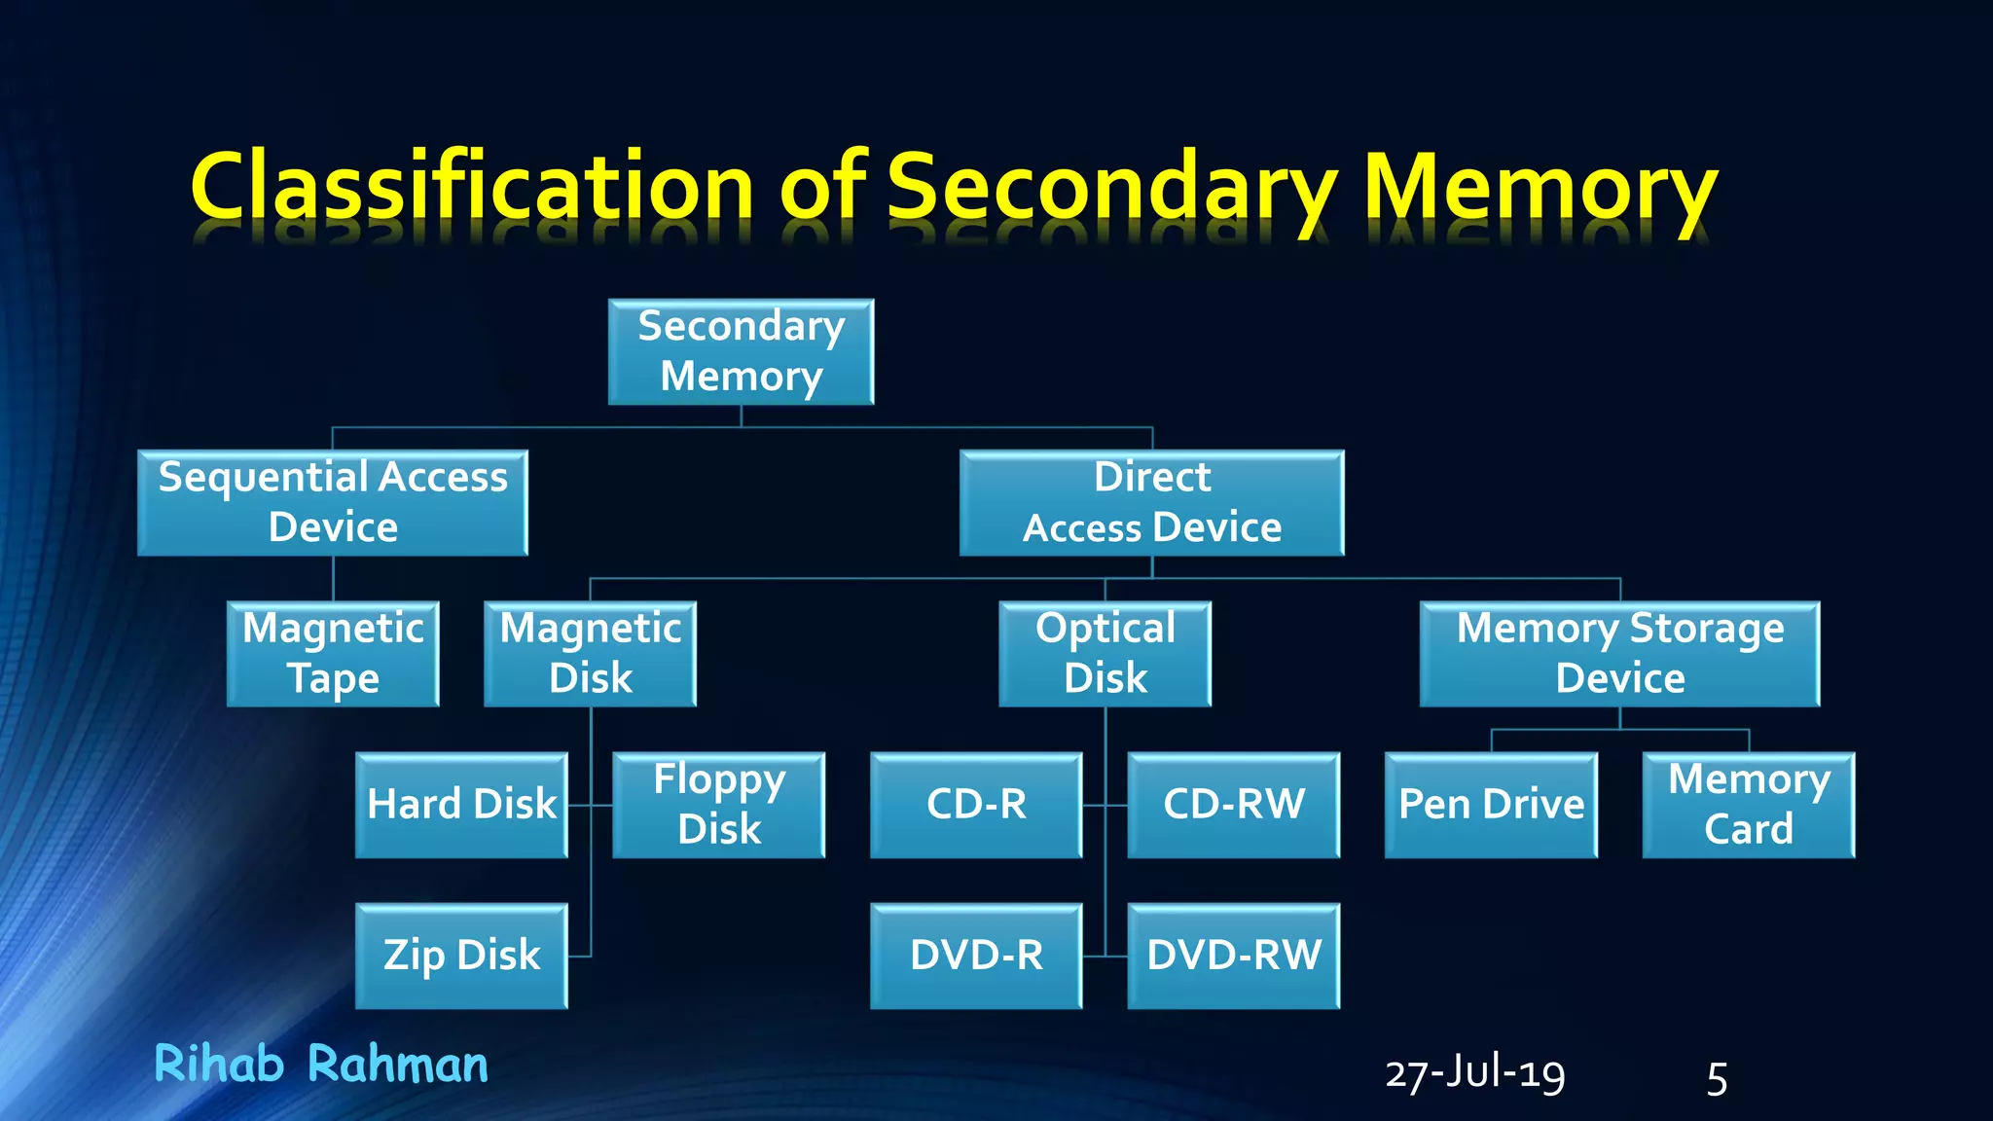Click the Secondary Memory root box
(x=741, y=351)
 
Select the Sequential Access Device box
(x=333, y=502)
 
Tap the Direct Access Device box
(x=1151, y=502)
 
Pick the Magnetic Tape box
(x=333, y=653)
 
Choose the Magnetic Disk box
(x=590, y=653)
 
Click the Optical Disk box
(x=1105, y=653)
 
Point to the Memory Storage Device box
(x=1619, y=653)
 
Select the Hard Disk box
(x=461, y=805)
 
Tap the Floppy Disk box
(x=718, y=805)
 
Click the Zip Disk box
(x=461, y=956)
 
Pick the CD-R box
(x=976, y=805)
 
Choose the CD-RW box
(x=1233, y=805)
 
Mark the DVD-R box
(x=976, y=956)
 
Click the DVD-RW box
(x=1233, y=956)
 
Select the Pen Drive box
(x=1491, y=805)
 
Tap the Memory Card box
(x=1748, y=805)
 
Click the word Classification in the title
(x=473, y=187)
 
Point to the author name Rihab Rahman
(x=321, y=1064)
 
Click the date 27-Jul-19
(x=1474, y=1075)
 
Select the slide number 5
(x=1717, y=1079)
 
